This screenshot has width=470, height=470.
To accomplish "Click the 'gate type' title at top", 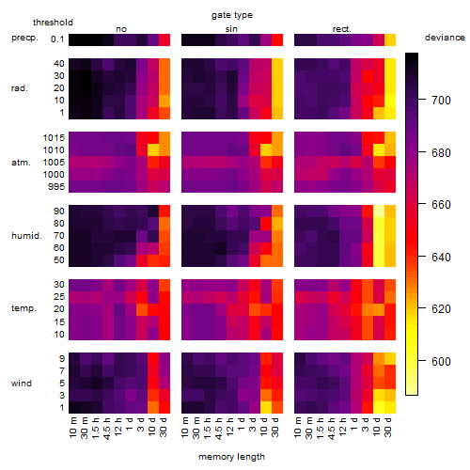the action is pyautogui.click(x=232, y=15).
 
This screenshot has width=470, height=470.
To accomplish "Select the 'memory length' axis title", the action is pyautogui.click(x=231, y=457).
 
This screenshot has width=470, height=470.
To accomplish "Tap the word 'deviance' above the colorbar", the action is pyautogui.click(x=445, y=38).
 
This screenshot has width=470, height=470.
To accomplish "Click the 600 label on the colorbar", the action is pyautogui.click(x=442, y=362).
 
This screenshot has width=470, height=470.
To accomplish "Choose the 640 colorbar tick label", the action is pyautogui.click(x=442, y=258).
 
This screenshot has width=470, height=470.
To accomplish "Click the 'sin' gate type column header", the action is pyautogui.click(x=231, y=29).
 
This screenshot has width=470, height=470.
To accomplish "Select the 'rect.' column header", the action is pyautogui.click(x=342, y=29).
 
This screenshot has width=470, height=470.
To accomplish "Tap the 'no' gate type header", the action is pyautogui.click(x=121, y=29).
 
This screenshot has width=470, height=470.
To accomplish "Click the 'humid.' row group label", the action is pyautogui.click(x=26, y=236).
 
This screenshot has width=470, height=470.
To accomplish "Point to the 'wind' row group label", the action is pyautogui.click(x=22, y=384).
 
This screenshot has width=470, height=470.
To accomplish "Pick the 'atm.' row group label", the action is pyautogui.click(x=21, y=163).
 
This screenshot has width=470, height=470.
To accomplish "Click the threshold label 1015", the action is pyautogui.click(x=54, y=138).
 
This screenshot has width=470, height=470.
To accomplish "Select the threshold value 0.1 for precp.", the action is pyautogui.click(x=57, y=39).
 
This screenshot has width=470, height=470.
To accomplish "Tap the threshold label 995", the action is pyautogui.click(x=56, y=187).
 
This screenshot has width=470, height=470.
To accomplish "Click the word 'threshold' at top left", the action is pyautogui.click(x=53, y=23).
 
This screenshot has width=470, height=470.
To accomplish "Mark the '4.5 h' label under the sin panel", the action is pyautogui.click(x=219, y=429).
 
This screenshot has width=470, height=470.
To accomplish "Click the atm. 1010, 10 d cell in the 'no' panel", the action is pyautogui.click(x=153, y=150).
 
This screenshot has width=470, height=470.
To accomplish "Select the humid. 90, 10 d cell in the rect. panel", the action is pyautogui.click(x=379, y=211).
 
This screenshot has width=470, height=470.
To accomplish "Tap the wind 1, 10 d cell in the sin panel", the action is pyautogui.click(x=266, y=407).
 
